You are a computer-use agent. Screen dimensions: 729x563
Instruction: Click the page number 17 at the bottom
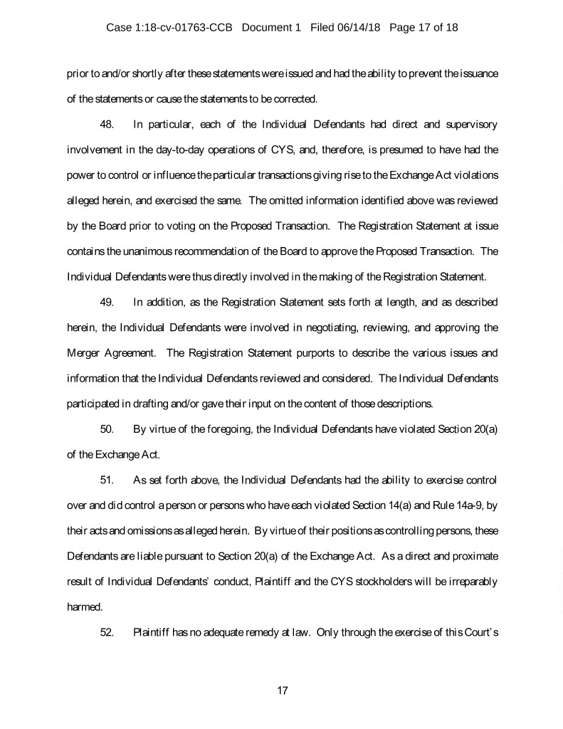coord(281,690)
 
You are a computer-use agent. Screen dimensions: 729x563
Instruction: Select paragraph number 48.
coord(107,125)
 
